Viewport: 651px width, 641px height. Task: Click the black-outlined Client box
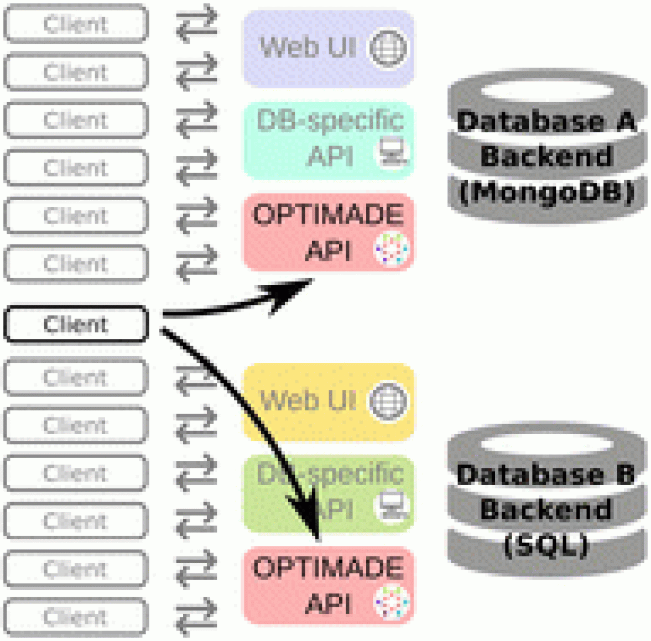point(76,324)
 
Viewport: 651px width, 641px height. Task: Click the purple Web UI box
point(329,48)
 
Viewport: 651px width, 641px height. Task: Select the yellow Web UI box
point(329,402)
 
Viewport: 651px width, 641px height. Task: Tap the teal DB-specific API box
point(329,139)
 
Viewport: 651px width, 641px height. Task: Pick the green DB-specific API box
point(329,493)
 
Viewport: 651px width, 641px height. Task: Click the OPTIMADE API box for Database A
point(329,232)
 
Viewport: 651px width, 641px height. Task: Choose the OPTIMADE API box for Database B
point(329,586)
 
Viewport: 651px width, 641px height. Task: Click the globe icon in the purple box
point(388,48)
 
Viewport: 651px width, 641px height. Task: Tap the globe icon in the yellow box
point(388,402)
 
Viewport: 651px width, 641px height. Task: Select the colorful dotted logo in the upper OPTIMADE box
point(392,248)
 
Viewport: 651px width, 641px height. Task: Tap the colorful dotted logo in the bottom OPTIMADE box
point(392,601)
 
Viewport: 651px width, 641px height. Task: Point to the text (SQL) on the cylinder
point(546,545)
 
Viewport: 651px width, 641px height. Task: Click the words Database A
point(546,121)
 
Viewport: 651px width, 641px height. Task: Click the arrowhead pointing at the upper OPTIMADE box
point(293,291)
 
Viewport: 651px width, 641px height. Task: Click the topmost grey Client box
point(76,24)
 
